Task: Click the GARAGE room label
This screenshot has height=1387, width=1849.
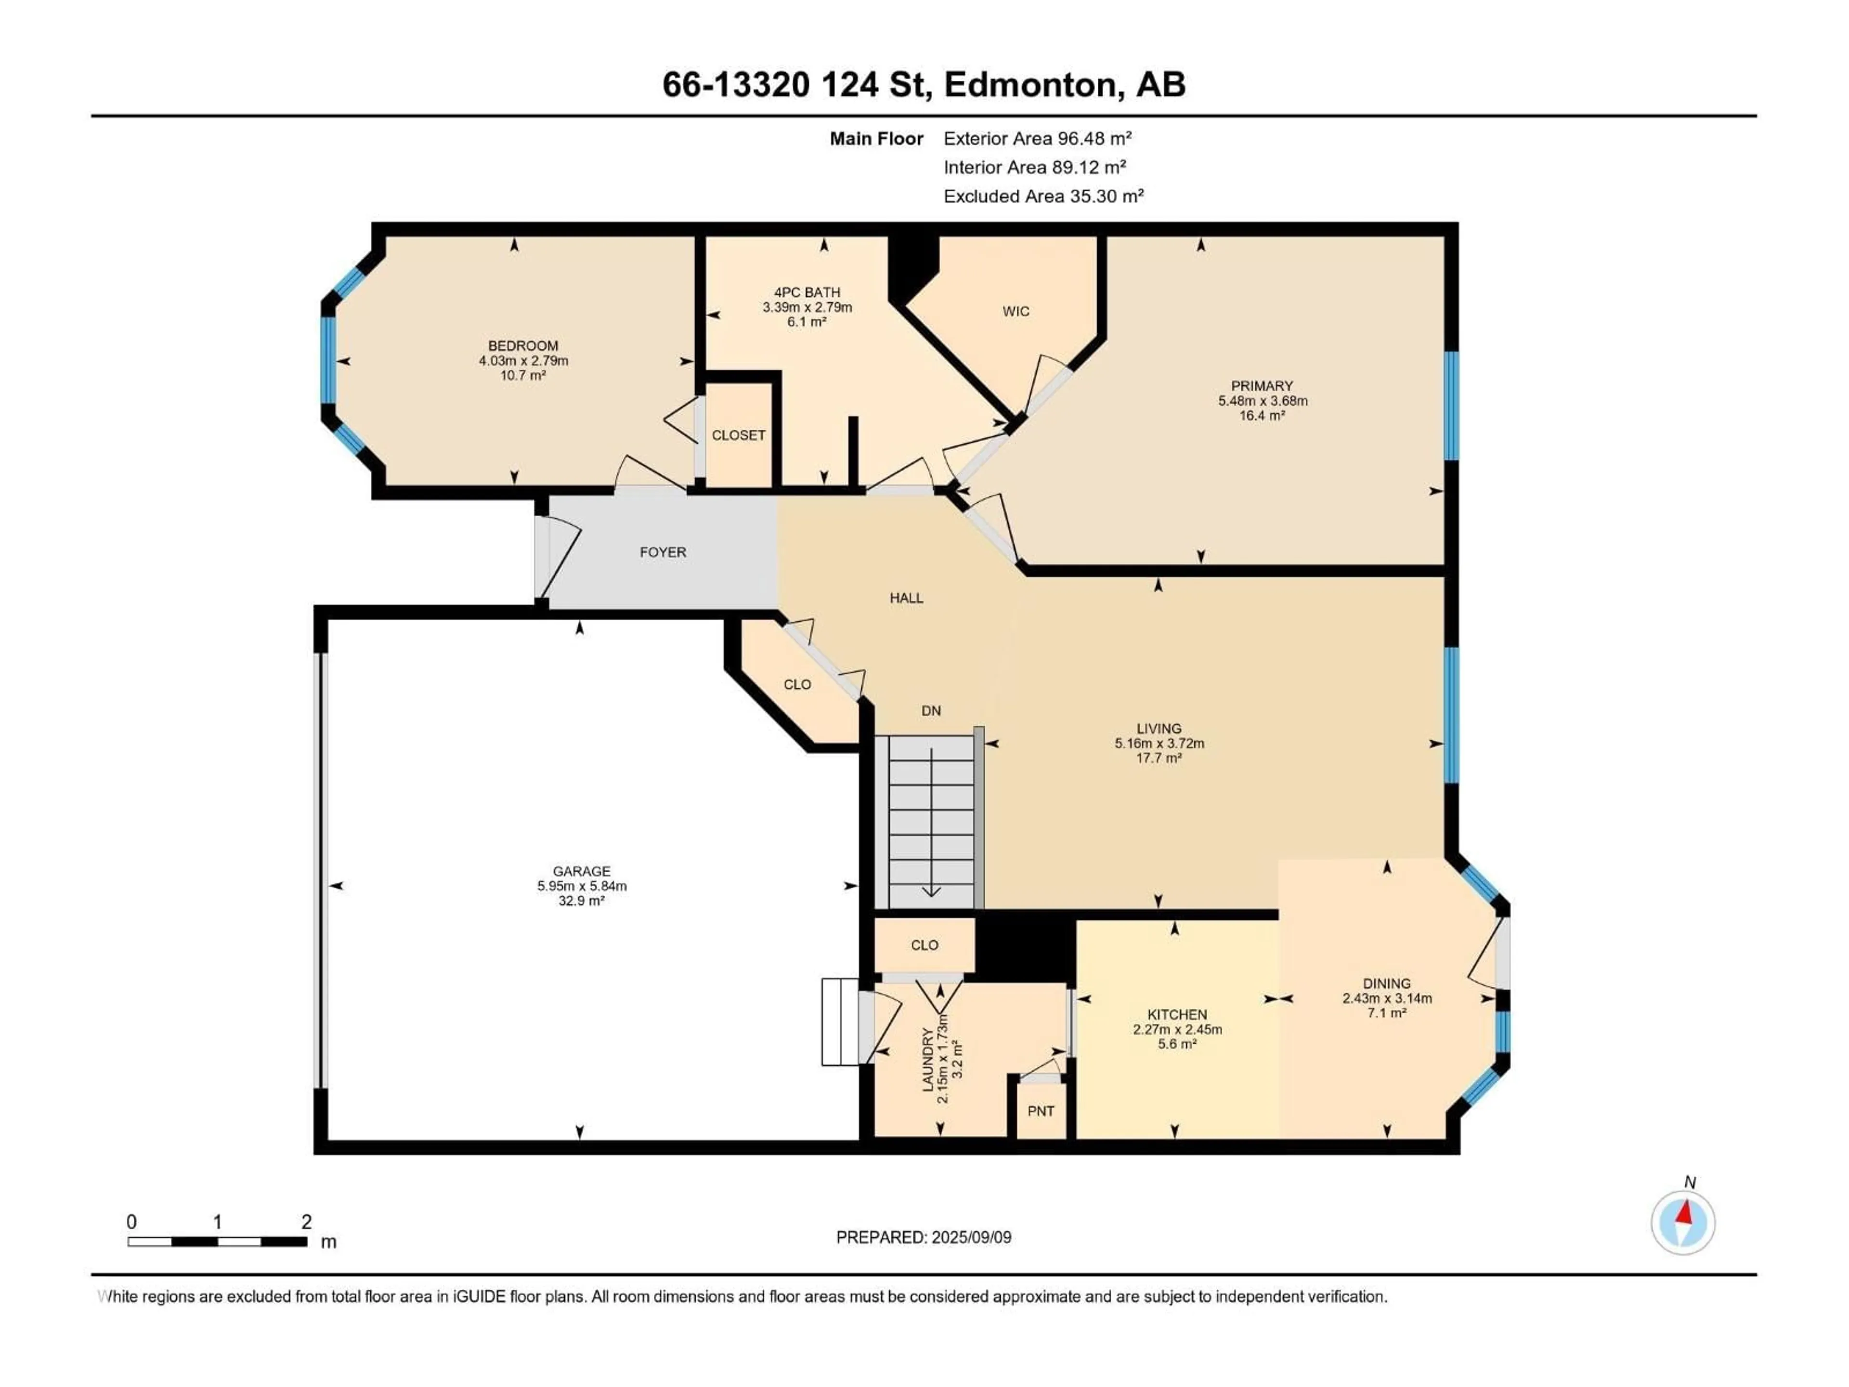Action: pyautogui.click(x=581, y=870)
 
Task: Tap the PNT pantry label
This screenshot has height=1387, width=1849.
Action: pyautogui.click(x=1041, y=1111)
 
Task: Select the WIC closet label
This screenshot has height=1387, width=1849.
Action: pyautogui.click(x=1016, y=311)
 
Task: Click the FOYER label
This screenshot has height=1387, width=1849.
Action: pyautogui.click(x=663, y=552)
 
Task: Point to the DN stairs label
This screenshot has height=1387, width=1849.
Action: pyautogui.click(x=931, y=711)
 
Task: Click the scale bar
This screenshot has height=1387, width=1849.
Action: pyautogui.click(x=217, y=1242)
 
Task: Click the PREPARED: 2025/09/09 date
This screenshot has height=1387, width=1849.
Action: pyautogui.click(x=924, y=1237)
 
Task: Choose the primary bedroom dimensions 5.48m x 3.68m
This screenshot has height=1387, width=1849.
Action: pyautogui.click(x=1262, y=401)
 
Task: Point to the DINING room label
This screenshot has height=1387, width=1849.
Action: pyautogui.click(x=1387, y=983)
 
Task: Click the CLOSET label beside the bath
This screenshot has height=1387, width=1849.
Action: pyautogui.click(x=738, y=435)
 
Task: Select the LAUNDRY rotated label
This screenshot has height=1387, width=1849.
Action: pyautogui.click(x=927, y=1059)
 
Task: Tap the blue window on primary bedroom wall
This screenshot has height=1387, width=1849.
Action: pyautogui.click(x=1452, y=406)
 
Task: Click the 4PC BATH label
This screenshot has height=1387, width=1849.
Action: pyautogui.click(x=807, y=292)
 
